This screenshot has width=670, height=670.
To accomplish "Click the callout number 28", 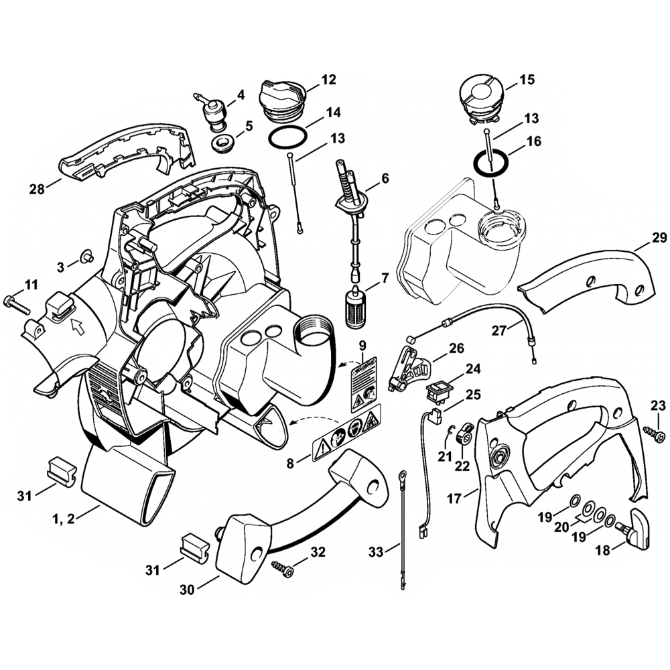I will point(37,190).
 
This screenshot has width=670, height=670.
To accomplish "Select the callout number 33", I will point(377,552).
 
